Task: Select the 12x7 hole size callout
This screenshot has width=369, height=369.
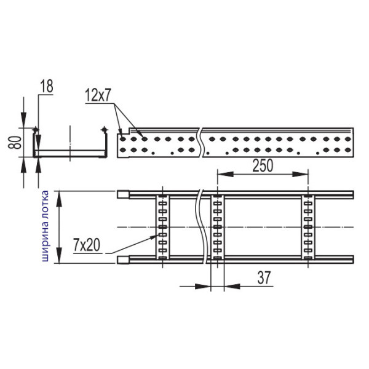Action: click(x=100, y=96)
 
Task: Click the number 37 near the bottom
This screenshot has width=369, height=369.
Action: click(x=264, y=278)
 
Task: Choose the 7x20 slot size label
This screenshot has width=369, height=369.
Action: click(x=86, y=245)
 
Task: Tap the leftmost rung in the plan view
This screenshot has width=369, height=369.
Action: click(x=162, y=228)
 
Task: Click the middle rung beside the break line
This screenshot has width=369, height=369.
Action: click(x=217, y=228)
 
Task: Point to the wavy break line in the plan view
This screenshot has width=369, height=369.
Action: click(x=200, y=228)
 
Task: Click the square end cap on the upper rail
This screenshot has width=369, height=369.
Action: click(x=122, y=194)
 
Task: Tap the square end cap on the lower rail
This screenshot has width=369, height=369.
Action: click(x=122, y=260)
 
